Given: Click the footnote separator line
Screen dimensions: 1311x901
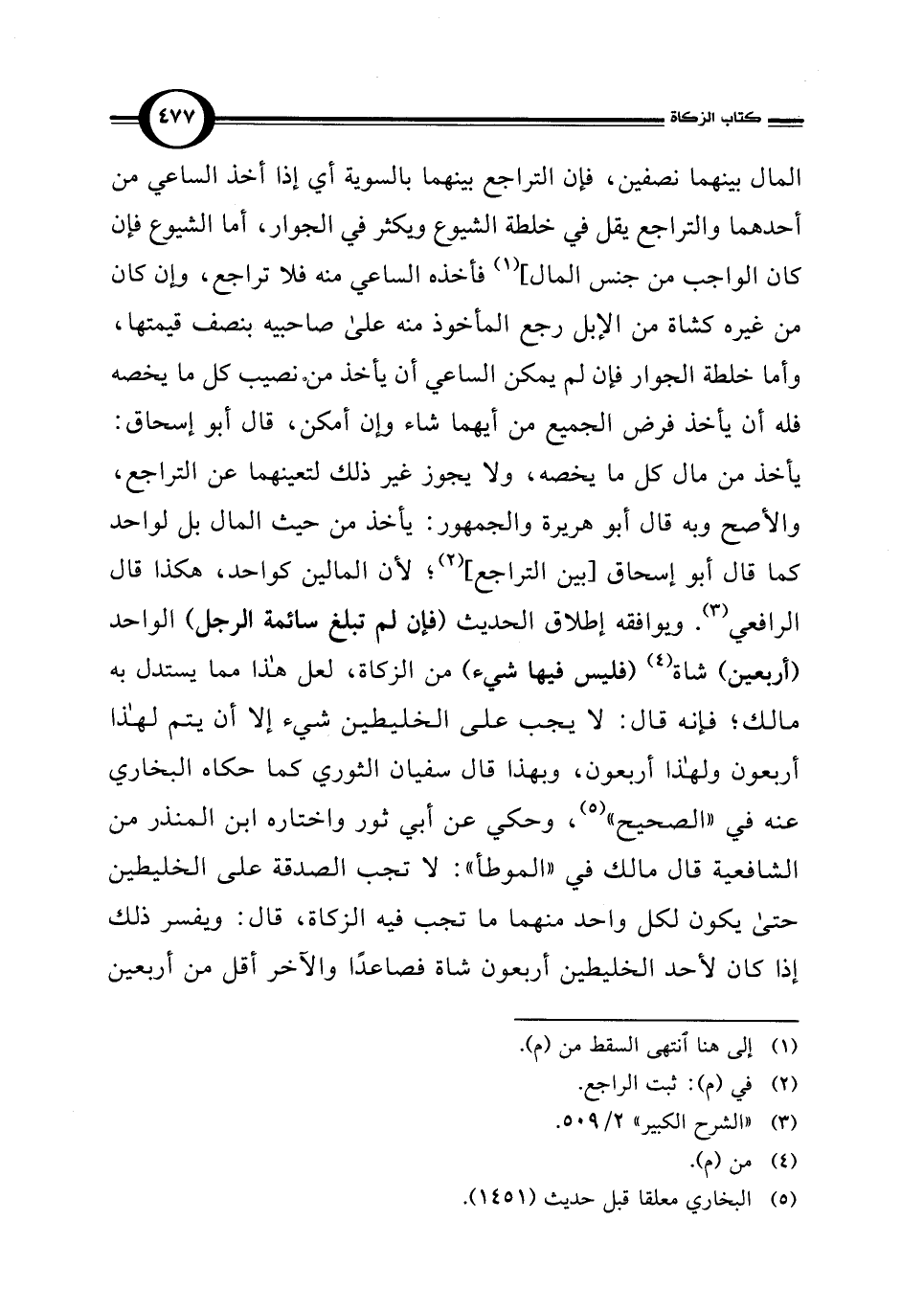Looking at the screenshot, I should point(655,1021).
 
